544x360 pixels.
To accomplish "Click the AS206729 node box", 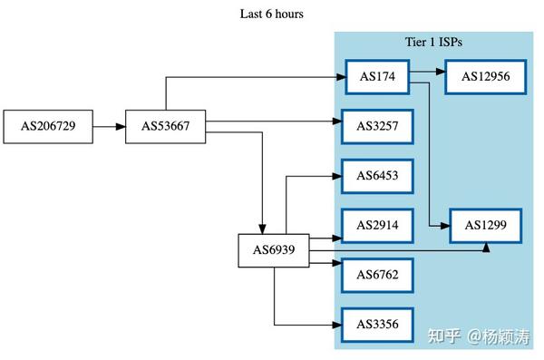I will point(54,127).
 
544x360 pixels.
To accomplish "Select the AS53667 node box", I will point(165,127).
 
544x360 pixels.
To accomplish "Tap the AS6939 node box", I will point(274,250).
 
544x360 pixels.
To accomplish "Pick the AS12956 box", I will point(486,76).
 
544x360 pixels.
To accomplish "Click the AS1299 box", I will point(486,224).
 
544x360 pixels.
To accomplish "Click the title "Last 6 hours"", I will point(272,14).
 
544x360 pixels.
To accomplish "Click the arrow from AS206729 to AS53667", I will point(109,127).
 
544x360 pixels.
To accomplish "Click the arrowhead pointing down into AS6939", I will point(262,228).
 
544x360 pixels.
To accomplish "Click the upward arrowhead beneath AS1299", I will point(486,247).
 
